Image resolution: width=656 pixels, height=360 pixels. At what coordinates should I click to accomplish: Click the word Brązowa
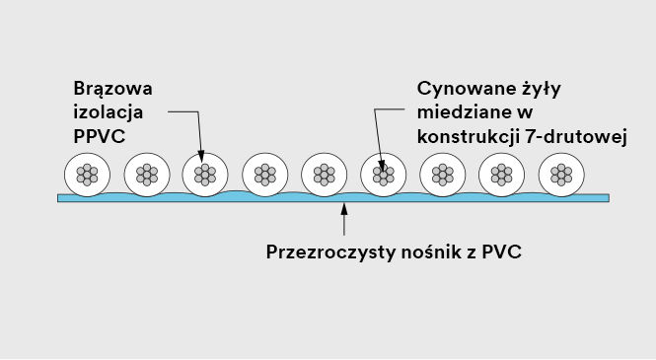point(112,89)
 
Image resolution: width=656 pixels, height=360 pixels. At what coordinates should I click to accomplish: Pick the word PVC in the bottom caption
point(502,252)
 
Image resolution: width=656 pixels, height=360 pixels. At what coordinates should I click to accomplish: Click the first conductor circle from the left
point(87,175)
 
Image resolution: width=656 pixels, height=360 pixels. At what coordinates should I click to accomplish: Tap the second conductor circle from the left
point(146,175)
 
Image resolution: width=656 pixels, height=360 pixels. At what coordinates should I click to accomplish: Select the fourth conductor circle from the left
point(264,175)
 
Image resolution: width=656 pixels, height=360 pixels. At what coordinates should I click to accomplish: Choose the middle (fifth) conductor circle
point(324,175)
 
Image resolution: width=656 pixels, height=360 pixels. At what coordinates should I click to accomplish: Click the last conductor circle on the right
point(560,175)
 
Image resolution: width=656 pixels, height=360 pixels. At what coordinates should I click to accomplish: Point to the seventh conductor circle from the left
point(442,175)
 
